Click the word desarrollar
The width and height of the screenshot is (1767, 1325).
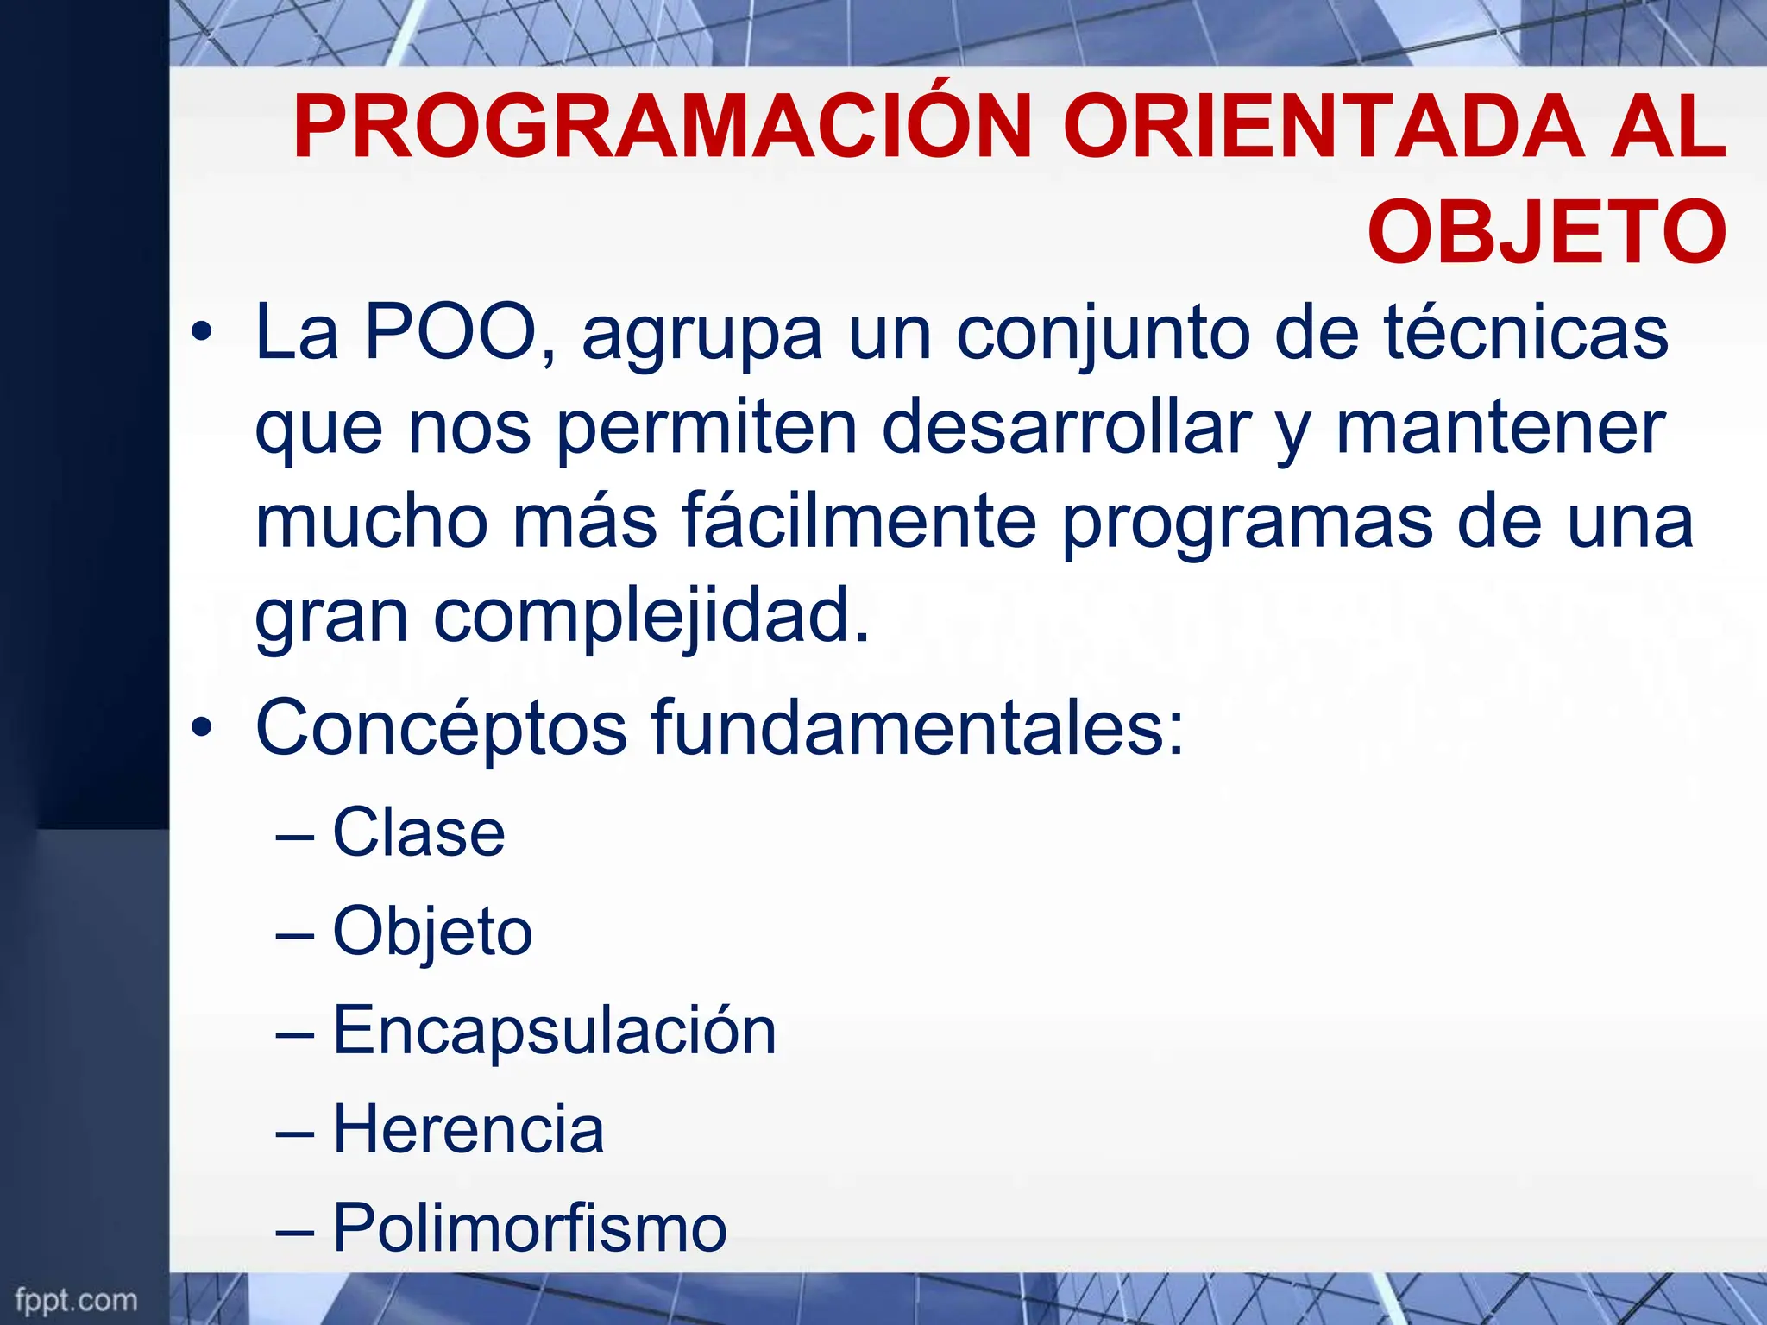[1066, 428]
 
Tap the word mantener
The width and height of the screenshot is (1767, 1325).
[1500, 428]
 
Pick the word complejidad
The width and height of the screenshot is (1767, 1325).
[651, 618]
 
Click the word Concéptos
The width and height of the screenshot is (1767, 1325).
[441, 729]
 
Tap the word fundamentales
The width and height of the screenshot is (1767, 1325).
[917, 729]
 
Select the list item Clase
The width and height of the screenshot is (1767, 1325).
[418, 833]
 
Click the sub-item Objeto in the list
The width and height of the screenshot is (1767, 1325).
[432, 933]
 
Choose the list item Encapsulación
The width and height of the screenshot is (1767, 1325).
[555, 1031]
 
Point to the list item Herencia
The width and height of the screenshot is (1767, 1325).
[468, 1130]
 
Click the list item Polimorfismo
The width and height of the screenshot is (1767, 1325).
[530, 1228]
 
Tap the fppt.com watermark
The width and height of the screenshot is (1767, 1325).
[76, 1300]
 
